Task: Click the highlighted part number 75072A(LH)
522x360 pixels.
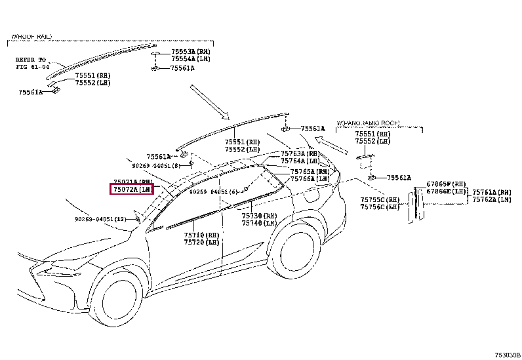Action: point(132,190)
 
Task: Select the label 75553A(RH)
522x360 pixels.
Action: point(191,50)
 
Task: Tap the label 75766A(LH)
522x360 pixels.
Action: point(310,179)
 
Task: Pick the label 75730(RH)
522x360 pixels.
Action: point(258,215)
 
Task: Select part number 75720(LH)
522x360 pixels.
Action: point(201,243)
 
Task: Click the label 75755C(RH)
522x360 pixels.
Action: point(380,199)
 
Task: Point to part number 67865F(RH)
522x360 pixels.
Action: point(446,184)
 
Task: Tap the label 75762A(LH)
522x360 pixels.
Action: point(491,199)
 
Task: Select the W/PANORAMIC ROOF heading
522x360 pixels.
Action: point(369,123)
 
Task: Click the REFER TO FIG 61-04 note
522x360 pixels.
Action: point(32,62)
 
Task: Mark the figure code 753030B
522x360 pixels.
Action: point(508,354)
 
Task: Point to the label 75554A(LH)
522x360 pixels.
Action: point(191,58)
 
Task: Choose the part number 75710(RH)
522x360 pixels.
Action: point(201,235)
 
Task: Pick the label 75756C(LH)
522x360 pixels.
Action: point(380,207)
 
